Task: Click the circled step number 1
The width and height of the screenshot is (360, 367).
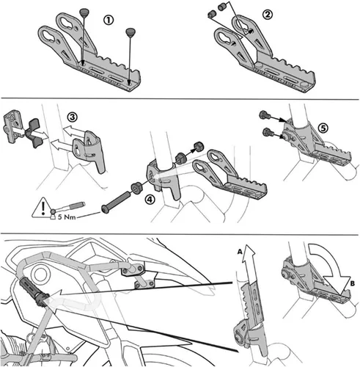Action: (109, 20)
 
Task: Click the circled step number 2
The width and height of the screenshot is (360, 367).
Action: (268, 15)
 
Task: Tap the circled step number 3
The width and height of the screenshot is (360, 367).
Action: (73, 117)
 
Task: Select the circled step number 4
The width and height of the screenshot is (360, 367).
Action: (150, 200)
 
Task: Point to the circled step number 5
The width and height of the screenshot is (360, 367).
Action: (323, 128)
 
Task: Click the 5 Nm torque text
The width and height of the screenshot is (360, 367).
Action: (67, 217)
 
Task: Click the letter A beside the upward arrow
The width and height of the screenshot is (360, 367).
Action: (240, 251)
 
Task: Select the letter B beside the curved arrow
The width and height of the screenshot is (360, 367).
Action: (352, 283)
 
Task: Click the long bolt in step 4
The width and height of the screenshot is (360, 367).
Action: (115, 203)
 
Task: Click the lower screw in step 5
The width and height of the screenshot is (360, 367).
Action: (267, 133)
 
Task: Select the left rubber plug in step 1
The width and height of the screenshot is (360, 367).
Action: (84, 12)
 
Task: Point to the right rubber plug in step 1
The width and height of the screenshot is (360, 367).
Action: (131, 32)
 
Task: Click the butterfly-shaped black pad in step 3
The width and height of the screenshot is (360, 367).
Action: (34, 133)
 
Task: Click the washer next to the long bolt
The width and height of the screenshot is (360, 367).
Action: (137, 187)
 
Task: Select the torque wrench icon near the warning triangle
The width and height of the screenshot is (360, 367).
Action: (68, 207)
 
